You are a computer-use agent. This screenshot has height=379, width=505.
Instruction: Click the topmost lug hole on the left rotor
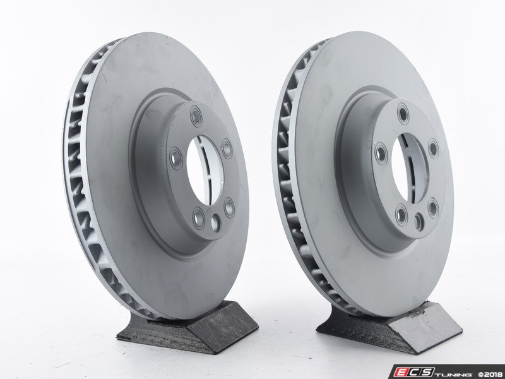[x=196, y=116]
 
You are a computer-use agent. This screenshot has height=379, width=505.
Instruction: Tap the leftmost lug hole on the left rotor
[x=176, y=159]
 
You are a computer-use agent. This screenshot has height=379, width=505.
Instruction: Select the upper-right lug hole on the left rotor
[x=227, y=148]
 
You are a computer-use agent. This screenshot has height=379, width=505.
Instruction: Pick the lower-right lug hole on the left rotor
[x=229, y=208]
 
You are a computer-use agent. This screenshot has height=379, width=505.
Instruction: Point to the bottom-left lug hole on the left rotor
[x=198, y=218]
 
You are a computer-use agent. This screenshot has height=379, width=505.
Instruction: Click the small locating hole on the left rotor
[x=215, y=223]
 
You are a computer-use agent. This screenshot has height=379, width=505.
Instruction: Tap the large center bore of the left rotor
[x=205, y=170]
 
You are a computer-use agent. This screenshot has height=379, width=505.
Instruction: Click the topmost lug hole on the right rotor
[x=403, y=114]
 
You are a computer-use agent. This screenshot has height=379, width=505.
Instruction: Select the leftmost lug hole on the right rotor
[x=381, y=153]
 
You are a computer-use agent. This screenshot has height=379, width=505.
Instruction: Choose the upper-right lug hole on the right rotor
[x=434, y=149]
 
